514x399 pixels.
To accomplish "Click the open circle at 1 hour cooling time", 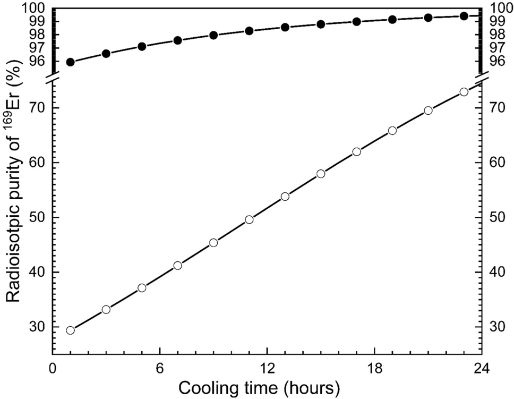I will tap(70, 330).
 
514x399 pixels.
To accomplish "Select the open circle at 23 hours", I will tap(464, 92).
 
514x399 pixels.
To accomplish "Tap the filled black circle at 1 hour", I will tap(70, 62).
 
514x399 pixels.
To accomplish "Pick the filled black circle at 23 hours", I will tap(464, 16).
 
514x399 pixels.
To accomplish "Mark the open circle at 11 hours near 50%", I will tap(249, 219).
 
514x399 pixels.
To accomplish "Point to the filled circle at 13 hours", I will tap(285, 27).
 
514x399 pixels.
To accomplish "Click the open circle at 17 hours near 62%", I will tap(356, 151).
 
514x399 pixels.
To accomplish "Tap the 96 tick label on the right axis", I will tap(495, 61).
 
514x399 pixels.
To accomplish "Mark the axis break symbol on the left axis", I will tap(52, 81).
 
